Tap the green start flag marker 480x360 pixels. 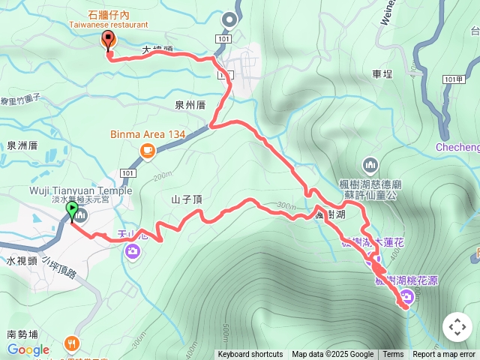point(72,211)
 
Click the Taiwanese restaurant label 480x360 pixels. point(108,23)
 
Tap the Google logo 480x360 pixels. point(28,349)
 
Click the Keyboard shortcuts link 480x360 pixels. point(250,355)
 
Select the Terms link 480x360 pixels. point(393,355)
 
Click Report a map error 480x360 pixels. point(445,355)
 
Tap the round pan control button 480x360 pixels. point(457,327)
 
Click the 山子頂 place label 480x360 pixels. point(187,199)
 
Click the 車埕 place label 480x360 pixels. point(382,74)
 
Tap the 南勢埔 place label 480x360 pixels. point(22,334)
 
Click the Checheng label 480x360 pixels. point(457,148)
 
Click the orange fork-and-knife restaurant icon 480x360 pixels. point(72,343)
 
